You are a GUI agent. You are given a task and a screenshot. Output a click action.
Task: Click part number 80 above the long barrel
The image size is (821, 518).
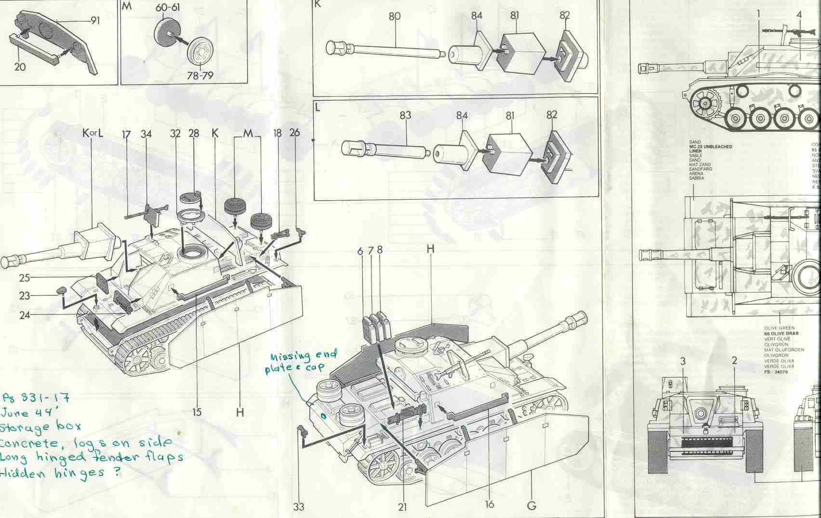tap(394, 16)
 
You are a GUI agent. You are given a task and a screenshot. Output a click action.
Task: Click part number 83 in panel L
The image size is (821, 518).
tap(405, 115)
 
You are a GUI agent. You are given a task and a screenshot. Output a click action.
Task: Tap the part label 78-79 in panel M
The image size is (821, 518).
tap(201, 75)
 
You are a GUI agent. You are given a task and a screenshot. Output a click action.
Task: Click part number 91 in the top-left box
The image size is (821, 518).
tap(95, 21)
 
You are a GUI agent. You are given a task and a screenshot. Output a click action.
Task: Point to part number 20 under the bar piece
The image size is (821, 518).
tap(19, 66)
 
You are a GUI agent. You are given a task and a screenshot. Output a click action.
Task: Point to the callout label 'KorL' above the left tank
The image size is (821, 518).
tap(93, 134)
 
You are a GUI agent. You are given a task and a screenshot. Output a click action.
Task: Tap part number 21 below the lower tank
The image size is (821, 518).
tap(402, 506)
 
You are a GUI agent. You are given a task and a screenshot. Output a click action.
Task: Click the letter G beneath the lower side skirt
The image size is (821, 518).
tap(531, 505)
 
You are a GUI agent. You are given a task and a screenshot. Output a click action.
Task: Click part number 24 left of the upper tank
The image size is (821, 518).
tap(25, 316)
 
